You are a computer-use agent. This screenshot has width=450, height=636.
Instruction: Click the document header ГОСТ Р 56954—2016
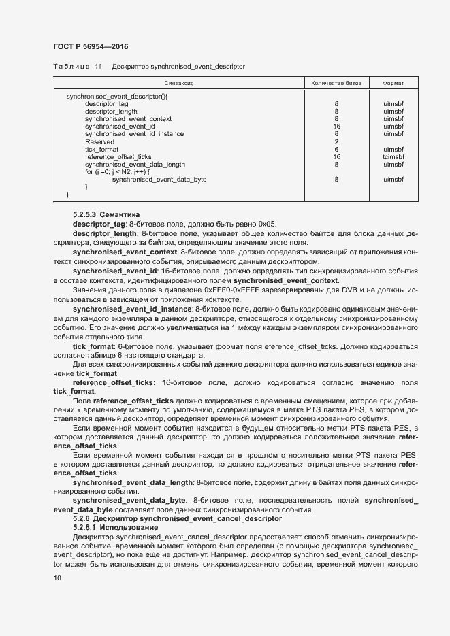tap(91, 46)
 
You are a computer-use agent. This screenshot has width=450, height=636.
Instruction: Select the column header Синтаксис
tap(179, 83)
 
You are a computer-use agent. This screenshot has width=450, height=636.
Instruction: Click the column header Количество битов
tap(336, 83)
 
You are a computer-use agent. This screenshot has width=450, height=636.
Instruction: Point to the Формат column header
tap(393, 83)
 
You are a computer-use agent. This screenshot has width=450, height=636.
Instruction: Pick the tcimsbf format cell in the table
tap(393, 156)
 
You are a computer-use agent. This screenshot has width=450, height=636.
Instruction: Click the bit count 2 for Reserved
tap(336, 141)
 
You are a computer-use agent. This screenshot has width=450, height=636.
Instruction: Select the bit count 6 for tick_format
tap(336, 149)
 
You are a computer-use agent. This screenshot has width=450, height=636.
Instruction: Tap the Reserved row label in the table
tap(99, 141)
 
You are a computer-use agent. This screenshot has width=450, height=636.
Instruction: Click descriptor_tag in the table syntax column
tap(107, 104)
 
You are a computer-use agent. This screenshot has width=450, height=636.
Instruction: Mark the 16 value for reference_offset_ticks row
tap(336, 156)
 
